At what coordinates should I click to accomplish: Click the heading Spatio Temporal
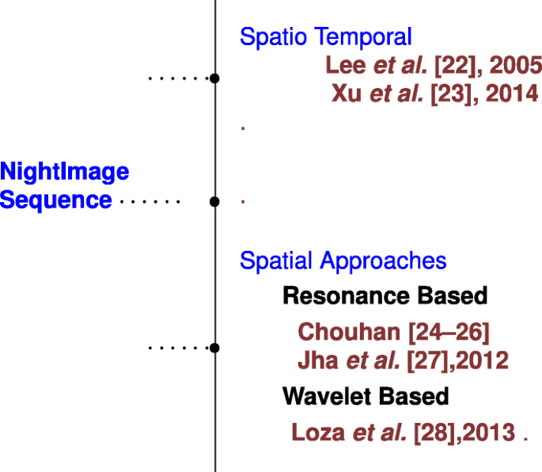click(x=325, y=36)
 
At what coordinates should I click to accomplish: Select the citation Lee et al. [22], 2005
click(x=433, y=65)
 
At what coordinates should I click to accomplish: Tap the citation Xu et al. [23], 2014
click(x=434, y=93)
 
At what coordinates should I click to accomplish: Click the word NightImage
click(x=64, y=171)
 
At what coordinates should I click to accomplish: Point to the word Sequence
click(x=55, y=200)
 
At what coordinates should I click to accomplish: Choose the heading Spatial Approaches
click(x=343, y=261)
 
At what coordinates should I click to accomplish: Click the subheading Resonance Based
click(x=385, y=296)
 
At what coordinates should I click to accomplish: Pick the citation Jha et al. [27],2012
click(x=403, y=361)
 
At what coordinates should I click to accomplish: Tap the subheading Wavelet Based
click(x=366, y=395)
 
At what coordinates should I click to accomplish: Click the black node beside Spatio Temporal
click(x=214, y=78)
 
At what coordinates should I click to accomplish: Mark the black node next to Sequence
click(x=214, y=202)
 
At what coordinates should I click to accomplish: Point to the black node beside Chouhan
click(x=214, y=348)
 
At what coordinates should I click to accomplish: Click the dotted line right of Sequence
click(x=150, y=202)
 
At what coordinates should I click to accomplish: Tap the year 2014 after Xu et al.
click(x=511, y=93)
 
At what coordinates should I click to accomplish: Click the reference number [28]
click(x=433, y=432)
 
